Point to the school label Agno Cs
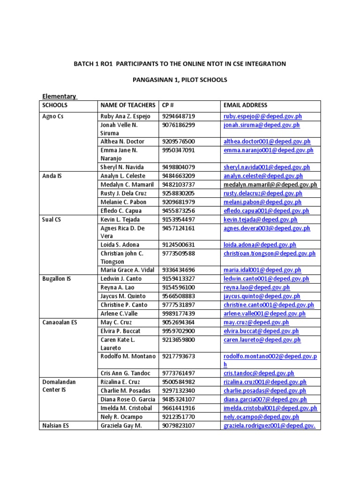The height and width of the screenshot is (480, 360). pos(52,116)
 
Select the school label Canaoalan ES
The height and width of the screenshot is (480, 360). pos(59,322)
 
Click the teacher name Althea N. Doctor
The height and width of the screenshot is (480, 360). pos(122,141)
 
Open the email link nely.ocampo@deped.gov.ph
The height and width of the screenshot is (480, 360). pos(261,416)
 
